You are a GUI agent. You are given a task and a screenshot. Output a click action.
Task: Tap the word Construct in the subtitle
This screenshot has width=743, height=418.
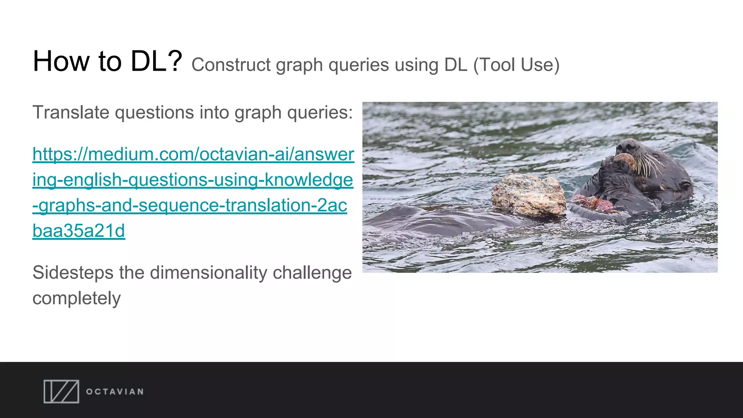(231, 65)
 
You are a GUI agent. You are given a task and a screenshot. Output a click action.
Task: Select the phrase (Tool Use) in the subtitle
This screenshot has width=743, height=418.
(516, 65)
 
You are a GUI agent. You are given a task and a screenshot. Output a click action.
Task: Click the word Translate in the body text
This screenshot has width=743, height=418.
(71, 112)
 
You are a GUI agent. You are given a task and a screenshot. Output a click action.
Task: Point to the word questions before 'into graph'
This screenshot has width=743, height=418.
(154, 112)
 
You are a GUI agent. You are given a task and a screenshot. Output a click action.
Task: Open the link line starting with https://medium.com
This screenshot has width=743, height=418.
(193, 154)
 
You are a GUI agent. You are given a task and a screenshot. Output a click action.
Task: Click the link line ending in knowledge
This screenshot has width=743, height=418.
(193, 180)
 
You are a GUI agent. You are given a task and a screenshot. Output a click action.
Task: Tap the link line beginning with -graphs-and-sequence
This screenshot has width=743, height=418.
(190, 205)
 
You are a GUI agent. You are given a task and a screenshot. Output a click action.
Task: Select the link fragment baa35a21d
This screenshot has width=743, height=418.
(79, 231)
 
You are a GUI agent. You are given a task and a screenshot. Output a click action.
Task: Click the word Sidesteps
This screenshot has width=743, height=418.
(73, 273)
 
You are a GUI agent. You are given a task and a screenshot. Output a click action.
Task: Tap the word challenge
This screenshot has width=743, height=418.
(312, 273)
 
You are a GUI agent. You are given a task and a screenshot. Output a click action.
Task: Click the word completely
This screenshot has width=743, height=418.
(77, 298)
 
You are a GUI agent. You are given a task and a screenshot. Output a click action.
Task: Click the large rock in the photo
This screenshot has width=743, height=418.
(529, 194)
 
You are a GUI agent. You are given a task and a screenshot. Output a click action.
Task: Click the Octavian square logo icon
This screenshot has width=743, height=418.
(61, 392)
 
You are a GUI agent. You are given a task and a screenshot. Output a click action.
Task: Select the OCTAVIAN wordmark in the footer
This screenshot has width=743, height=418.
(115, 392)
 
